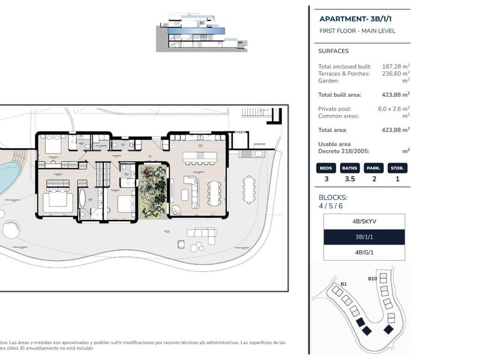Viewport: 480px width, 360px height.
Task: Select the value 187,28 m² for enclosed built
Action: pyautogui.click(x=394, y=66)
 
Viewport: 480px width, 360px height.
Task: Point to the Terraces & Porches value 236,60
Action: pyautogui.click(x=394, y=74)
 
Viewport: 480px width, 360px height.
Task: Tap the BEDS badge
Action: pyautogui.click(x=326, y=168)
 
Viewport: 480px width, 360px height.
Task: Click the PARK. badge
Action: pyautogui.click(x=374, y=168)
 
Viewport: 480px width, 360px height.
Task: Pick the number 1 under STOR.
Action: pyautogui.click(x=397, y=179)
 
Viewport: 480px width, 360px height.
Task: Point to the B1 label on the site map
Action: pyautogui.click(x=343, y=284)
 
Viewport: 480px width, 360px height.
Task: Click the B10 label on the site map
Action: pyautogui.click(x=372, y=279)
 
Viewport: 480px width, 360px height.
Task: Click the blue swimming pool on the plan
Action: pyautogui.click(x=6, y=178)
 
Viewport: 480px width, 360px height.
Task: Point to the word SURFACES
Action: pyautogui.click(x=333, y=51)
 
